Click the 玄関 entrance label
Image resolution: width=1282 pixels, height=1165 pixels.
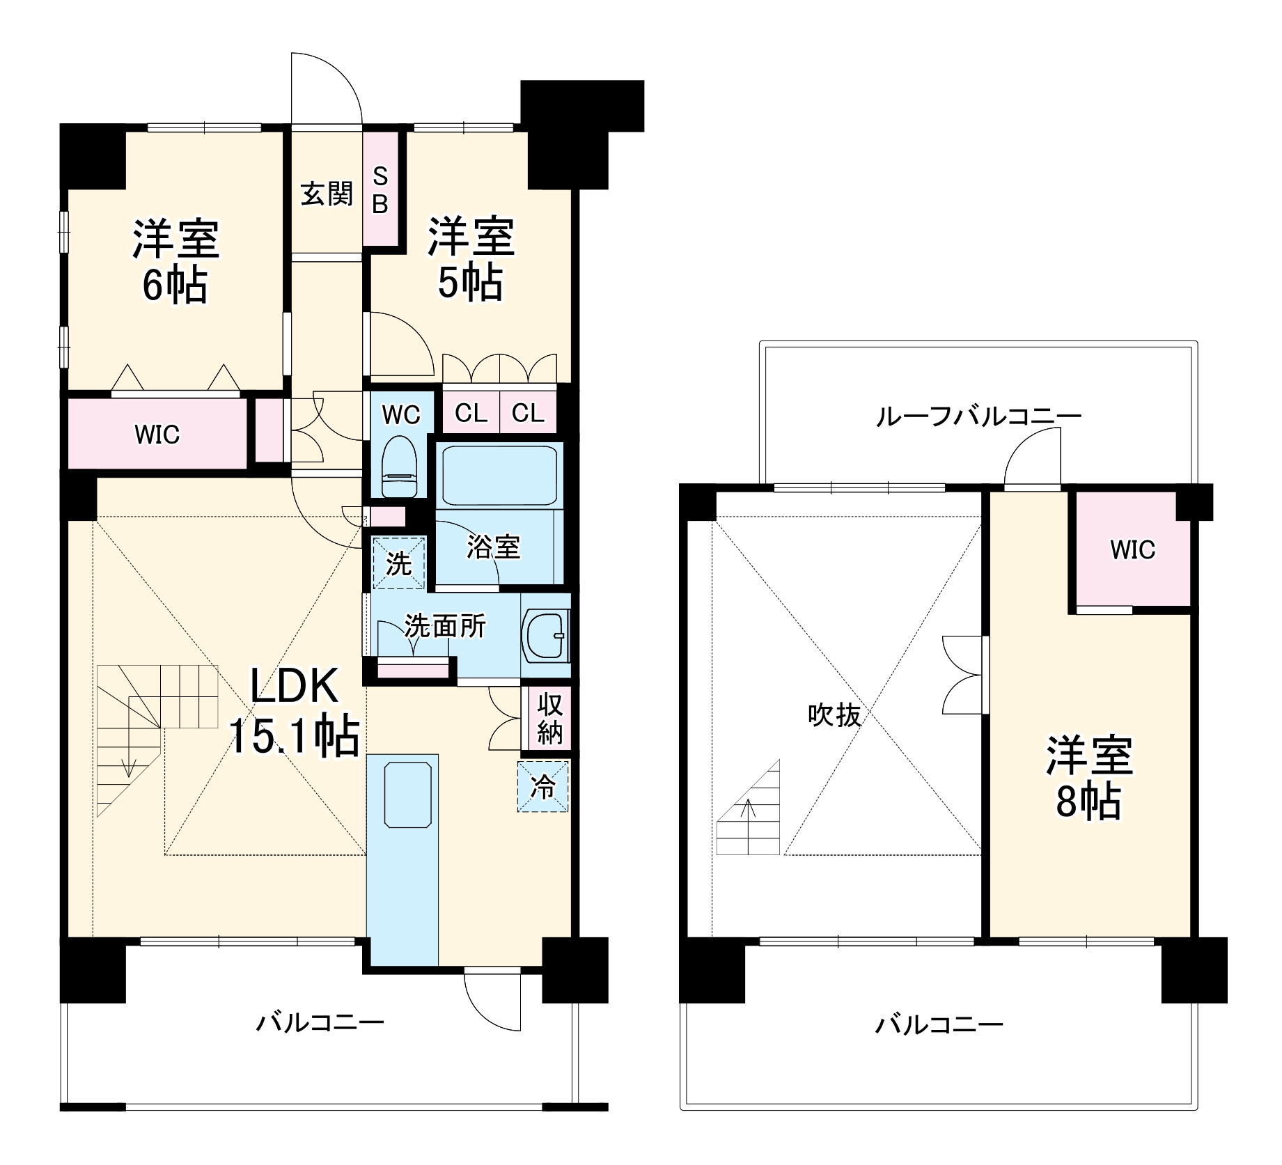(x=327, y=194)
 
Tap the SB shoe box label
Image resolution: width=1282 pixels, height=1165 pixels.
(x=380, y=189)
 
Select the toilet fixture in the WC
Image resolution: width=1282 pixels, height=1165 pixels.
(x=399, y=464)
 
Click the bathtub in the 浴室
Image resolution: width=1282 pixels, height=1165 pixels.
(x=499, y=475)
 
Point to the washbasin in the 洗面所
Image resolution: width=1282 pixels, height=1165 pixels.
(x=547, y=634)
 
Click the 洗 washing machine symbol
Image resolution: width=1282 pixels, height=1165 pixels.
(x=398, y=563)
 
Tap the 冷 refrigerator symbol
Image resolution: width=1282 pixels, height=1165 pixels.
(x=543, y=786)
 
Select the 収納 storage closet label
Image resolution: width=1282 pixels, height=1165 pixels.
(x=549, y=718)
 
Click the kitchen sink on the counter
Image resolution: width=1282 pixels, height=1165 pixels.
(x=408, y=795)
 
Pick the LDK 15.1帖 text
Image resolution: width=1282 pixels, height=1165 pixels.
(x=294, y=711)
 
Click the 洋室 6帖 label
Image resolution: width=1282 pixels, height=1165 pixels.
(x=175, y=261)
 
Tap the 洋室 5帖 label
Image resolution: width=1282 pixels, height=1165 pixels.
(x=471, y=259)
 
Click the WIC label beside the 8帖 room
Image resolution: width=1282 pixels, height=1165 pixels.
(x=1132, y=550)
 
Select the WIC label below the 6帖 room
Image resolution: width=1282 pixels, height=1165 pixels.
(x=157, y=435)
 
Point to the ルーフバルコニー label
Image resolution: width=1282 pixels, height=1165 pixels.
(x=978, y=416)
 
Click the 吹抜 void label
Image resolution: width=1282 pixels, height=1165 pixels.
(x=834, y=715)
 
